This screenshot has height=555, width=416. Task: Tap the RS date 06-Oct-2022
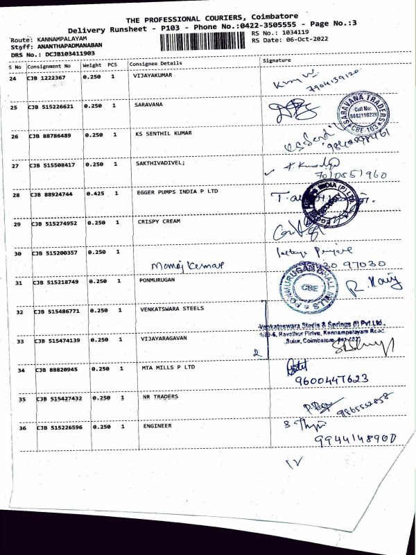click(305, 40)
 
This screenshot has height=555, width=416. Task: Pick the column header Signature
click(277, 61)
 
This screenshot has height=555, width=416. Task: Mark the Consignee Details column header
click(155, 63)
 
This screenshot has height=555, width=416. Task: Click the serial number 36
click(22, 428)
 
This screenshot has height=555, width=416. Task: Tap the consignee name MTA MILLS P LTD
click(168, 368)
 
